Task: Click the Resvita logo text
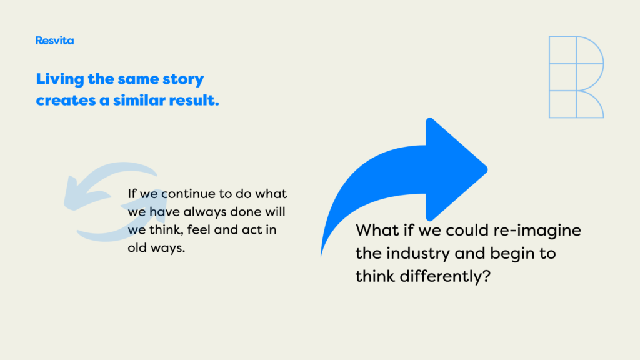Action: pyautogui.click(x=55, y=41)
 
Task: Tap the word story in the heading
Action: pyautogui.click(x=183, y=79)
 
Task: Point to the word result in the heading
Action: pyautogui.click(x=194, y=100)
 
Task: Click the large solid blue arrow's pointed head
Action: pyautogui.click(x=486, y=169)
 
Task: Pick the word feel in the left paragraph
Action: pyautogui.click(x=199, y=230)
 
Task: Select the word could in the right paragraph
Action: pyautogui.click(x=467, y=231)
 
